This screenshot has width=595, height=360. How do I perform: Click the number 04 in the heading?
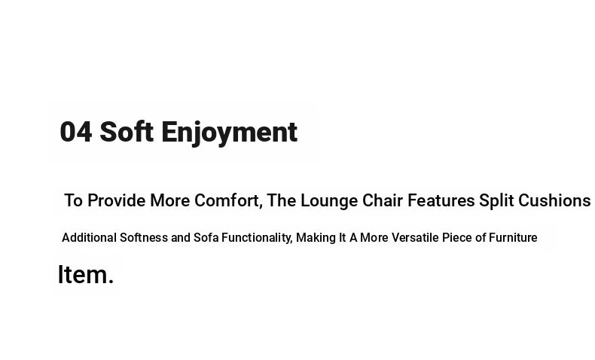coord(76,132)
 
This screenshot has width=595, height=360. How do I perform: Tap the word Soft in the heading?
coord(127,131)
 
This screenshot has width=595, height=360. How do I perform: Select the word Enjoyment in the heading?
coord(229,133)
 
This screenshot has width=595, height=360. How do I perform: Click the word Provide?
coord(116,200)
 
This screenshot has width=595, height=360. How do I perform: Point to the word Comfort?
coord(227,200)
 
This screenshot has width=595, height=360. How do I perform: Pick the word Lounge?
coord(329,201)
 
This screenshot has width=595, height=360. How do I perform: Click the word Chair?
coord(383,200)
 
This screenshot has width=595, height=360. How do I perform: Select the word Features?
coord(441,200)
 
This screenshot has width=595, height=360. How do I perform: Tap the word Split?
coord(496,201)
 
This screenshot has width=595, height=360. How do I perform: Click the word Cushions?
coord(554,200)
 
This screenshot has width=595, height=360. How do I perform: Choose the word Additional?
coord(89,237)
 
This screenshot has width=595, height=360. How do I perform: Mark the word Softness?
coord(144,237)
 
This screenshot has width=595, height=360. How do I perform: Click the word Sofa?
coord(206,237)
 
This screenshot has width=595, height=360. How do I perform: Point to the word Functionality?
coord(256,238)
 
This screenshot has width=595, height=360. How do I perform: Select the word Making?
coord(316,238)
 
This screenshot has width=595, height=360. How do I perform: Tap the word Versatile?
coord(415,237)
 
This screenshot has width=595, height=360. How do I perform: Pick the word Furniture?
coord(513,237)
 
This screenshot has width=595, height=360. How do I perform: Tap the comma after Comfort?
coord(261,206)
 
